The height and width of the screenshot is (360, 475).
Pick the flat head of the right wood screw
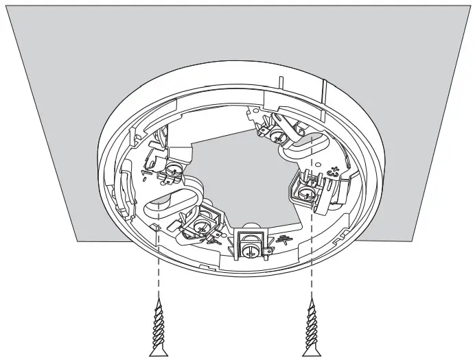point(312,352)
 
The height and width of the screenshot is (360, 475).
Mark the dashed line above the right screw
point(312,226)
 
